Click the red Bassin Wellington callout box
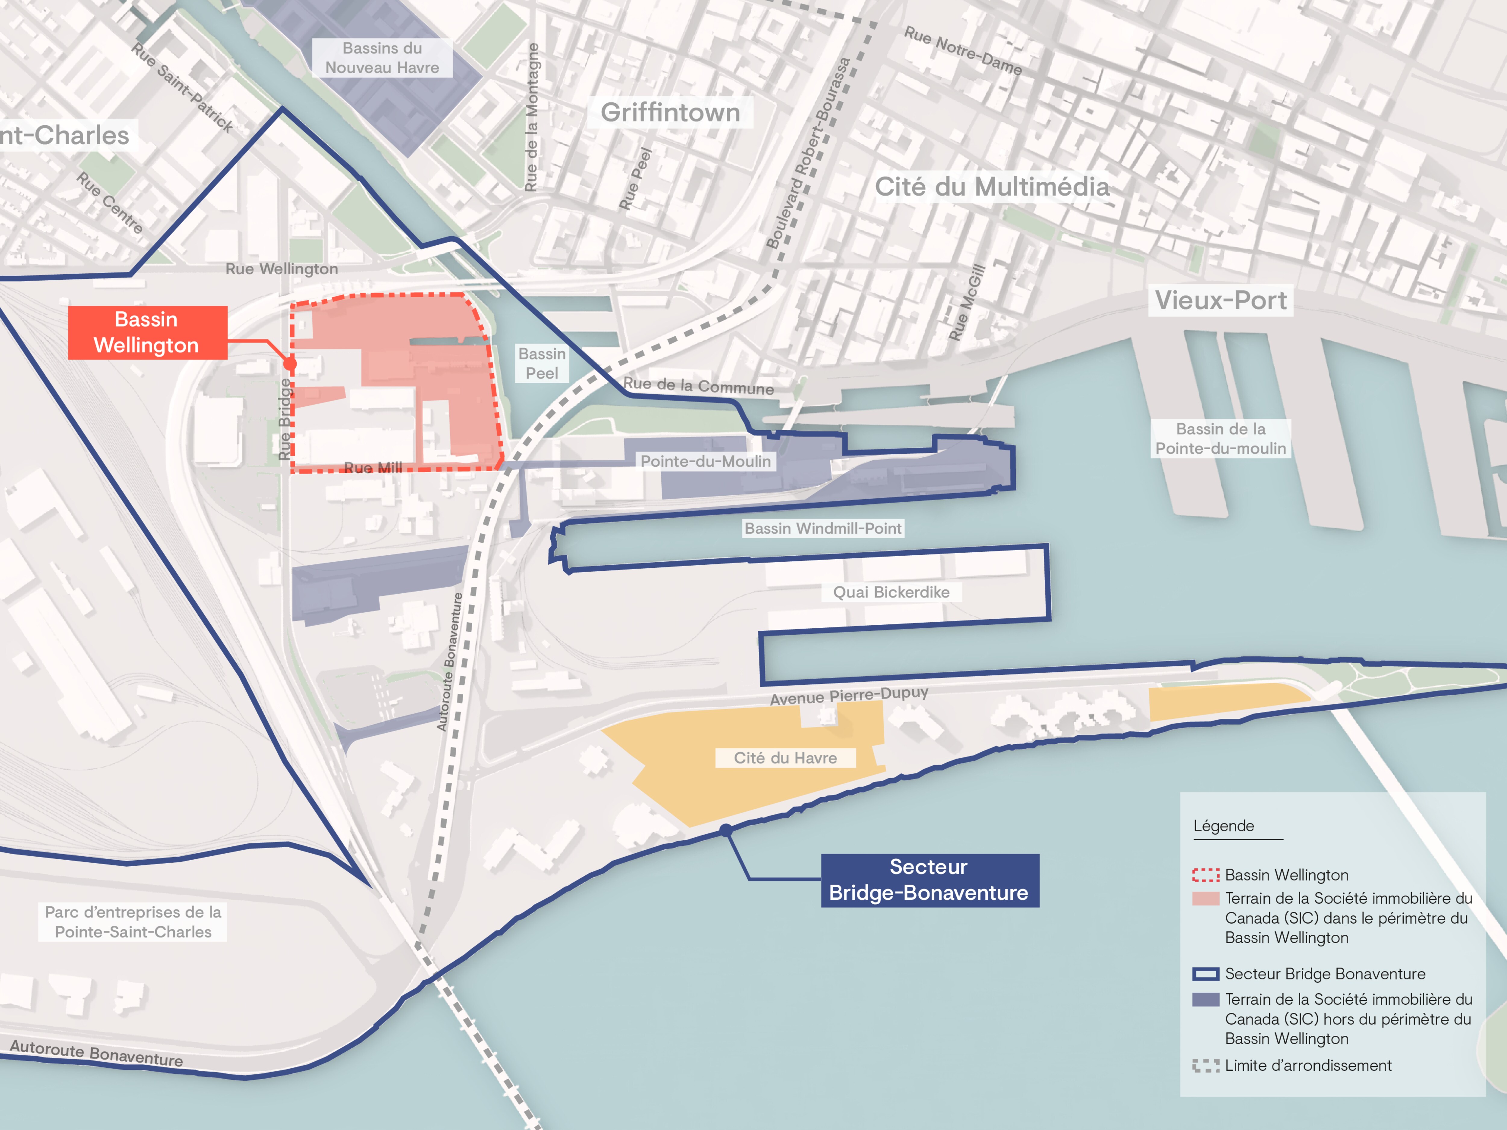(147, 332)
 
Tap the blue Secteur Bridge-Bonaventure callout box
(929, 880)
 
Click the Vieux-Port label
(1220, 300)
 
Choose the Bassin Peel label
(542, 364)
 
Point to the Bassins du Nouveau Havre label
(382, 58)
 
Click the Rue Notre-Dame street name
(963, 50)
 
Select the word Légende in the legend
(1224, 826)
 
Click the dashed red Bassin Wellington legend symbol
(1205, 875)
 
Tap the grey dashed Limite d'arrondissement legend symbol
(1205, 1065)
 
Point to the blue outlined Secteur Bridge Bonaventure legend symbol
(1205, 974)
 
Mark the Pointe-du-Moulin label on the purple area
(705, 461)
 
